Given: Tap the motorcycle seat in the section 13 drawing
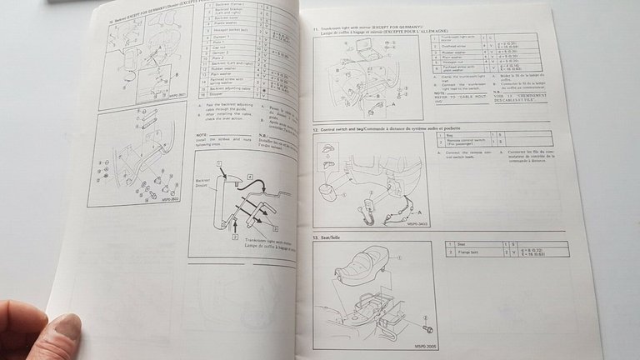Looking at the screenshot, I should click(x=367, y=275).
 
